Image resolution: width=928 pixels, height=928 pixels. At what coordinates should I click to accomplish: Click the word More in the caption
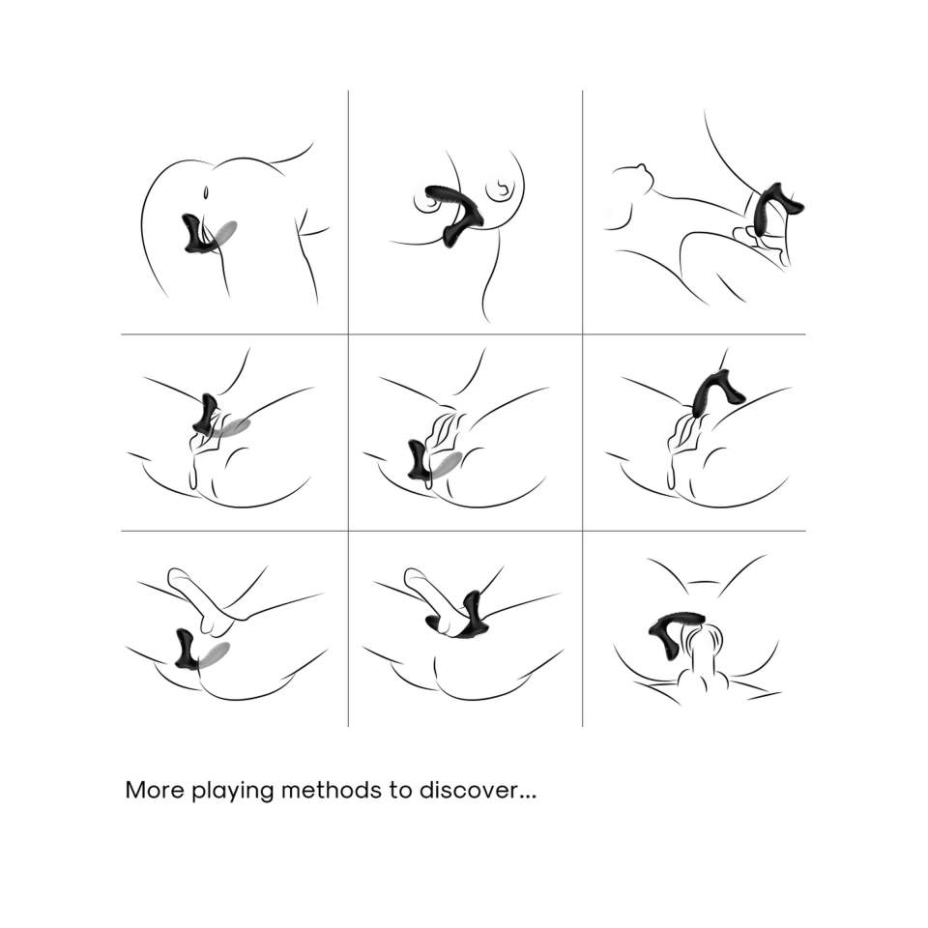pyautogui.click(x=155, y=790)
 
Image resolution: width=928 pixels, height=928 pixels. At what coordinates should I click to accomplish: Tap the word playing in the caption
pyautogui.click(x=233, y=793)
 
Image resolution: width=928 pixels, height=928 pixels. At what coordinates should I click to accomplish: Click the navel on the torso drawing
pyautogui.click(x=205, y=192)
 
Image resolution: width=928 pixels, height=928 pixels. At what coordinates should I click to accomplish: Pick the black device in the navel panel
pyautogui.click(x=196, y=234)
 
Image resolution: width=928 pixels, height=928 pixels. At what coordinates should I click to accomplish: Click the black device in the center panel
pyautogui.click(x=419, y=460)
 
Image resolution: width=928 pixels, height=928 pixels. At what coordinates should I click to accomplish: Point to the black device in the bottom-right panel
pyautogui.click(x=675, y=630)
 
